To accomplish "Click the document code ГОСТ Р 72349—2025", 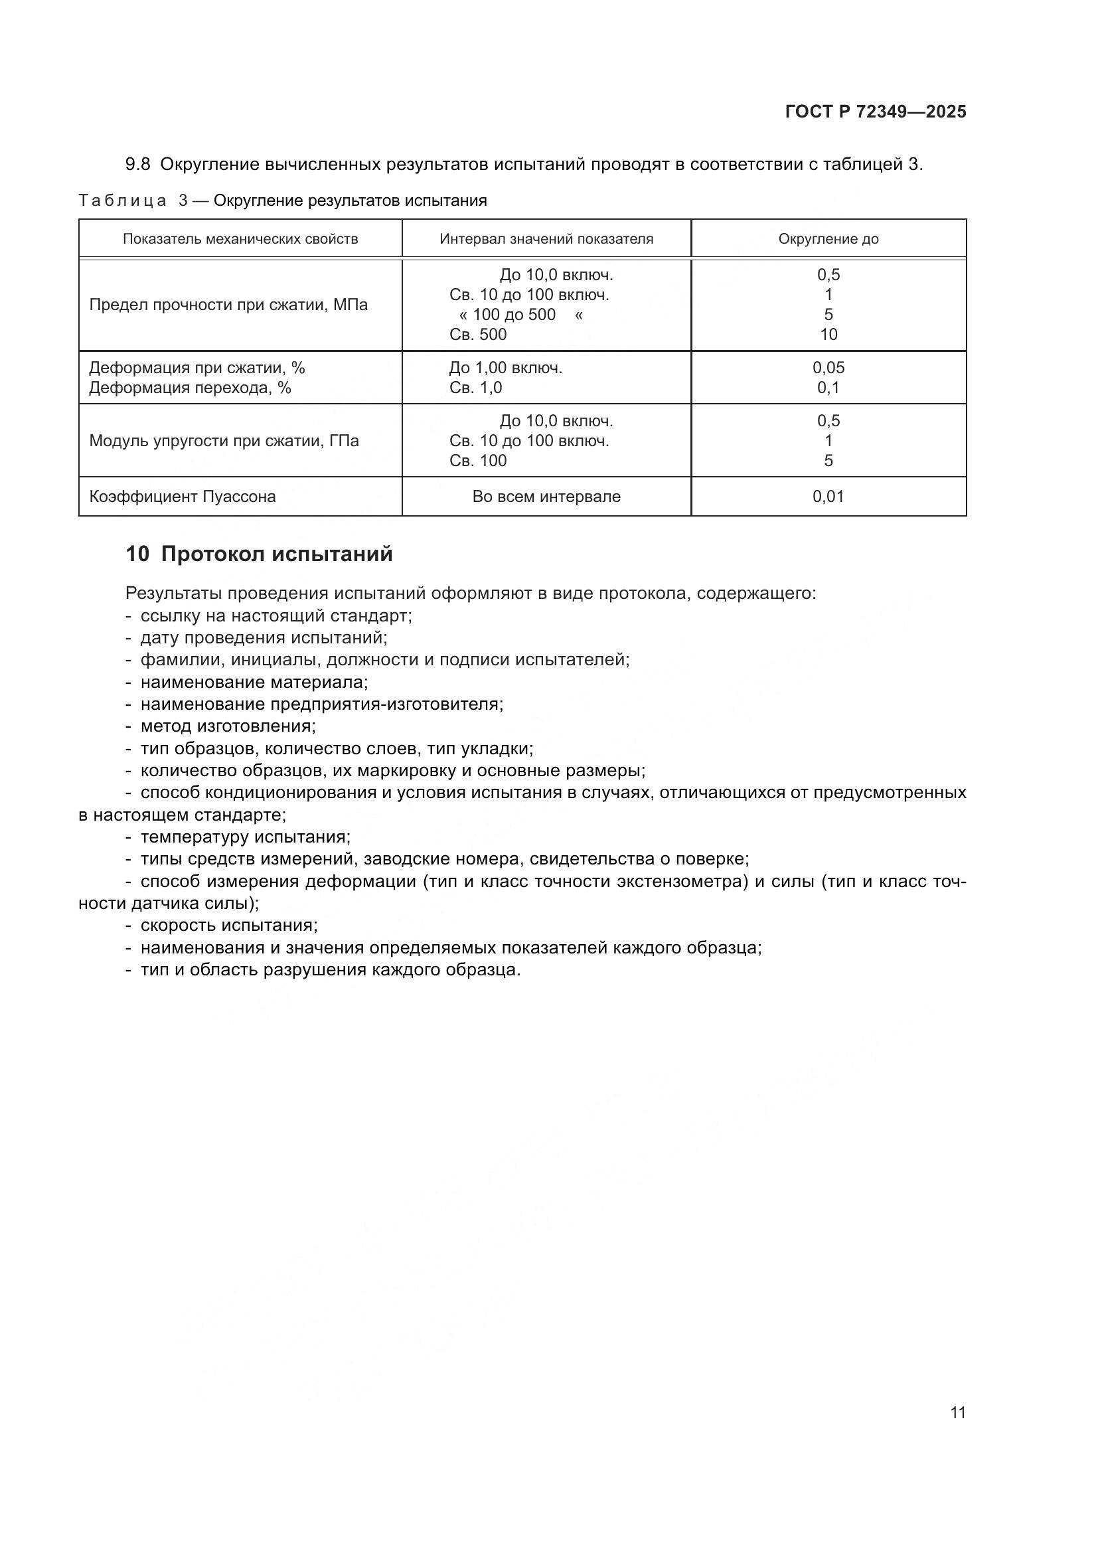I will tap(876, 112).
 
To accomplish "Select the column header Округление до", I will tap(828, 239).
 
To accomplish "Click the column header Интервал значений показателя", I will tap(546, 239).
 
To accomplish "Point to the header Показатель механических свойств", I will tap(240, 239).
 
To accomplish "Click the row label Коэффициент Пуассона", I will tap(183, 497).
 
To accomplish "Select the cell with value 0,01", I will tap(828, 497).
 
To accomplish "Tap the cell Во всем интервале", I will tap(546, 497).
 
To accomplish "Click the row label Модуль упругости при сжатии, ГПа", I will tap(224, 441).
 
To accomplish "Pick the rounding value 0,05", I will tap(828, 368).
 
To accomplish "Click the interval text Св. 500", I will tap(478, 334).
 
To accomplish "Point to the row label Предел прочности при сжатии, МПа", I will tap(228, 305).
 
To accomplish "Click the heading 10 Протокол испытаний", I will tap(259, 554).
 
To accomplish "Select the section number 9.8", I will tap(137, 165).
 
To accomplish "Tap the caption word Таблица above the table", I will tap(122, 201).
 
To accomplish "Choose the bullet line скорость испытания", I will tap(228, 925).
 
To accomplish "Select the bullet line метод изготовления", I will tap(228, 726).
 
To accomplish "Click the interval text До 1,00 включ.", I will tap(506, 368).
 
